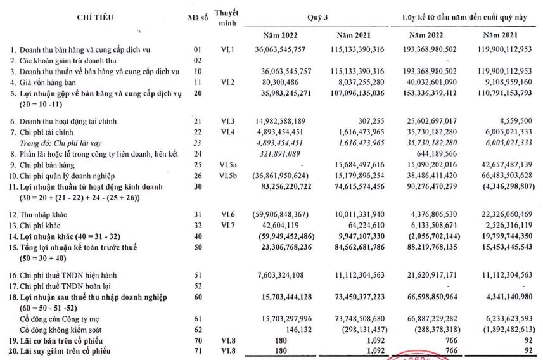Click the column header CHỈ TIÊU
coord(95,17)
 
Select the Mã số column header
coord(195,17)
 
